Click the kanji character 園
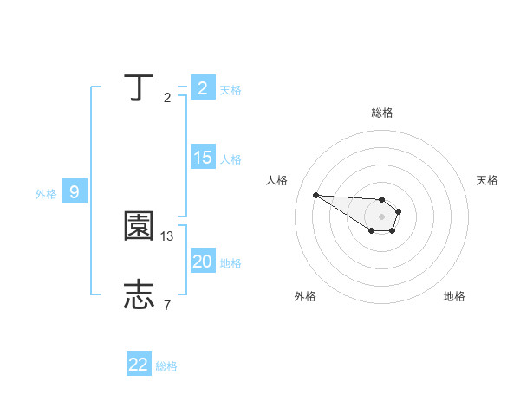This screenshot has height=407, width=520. point(139,227)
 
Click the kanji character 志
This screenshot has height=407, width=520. point(139,294)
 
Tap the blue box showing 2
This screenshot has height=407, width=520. point(202,88)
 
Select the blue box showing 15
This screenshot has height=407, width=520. point(202,158)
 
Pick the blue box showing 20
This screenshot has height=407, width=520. point(202,262)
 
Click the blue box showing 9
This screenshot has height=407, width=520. point(75,192)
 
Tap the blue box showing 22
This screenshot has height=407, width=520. point(139,365)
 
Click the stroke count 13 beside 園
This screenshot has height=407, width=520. point(168,236)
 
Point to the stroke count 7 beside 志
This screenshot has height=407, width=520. point(166,304)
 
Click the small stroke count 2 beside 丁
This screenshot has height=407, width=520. point(166,98)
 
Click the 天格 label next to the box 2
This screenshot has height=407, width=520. point(231,90)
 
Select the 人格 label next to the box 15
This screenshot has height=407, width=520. point(231,159)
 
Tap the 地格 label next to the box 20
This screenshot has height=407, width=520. point(231,263)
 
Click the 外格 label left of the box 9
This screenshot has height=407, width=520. point(46,194)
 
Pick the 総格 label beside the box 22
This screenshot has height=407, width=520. point(166,366)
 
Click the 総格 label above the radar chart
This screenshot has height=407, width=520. point(381,113)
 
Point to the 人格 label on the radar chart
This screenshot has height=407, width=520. point(276,180)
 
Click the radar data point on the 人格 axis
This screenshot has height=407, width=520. point(316,195)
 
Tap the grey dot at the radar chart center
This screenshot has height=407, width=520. point(381,216)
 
